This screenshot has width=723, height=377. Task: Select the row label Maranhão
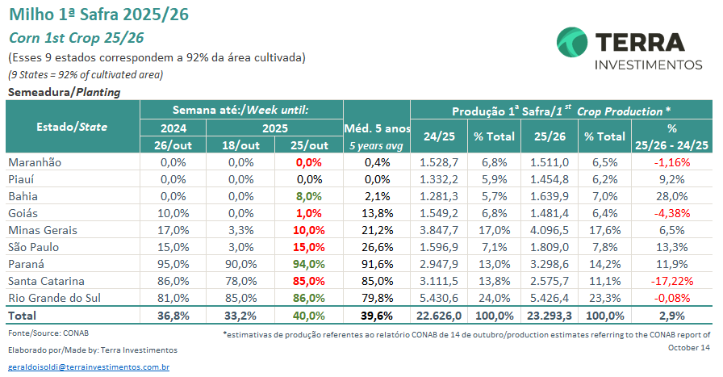(x=36, y=162)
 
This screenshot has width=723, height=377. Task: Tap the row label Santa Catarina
(x=47, y=281)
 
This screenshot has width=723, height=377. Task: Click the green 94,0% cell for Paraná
(x=309, y=264)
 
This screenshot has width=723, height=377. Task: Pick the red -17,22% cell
(x=671, y=281)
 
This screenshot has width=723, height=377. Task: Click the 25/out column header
(x=308, y=145)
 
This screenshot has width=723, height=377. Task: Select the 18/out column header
(x=240, y=145)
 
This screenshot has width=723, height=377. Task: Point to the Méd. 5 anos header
(x=377, y=128)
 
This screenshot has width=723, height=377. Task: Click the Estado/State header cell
(x=72, y=127)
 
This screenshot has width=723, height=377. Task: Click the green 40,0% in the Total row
(x=309, y=316)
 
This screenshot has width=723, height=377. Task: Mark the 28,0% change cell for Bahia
(x=671, y=196)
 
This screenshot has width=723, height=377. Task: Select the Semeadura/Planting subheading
(x=64, y=92)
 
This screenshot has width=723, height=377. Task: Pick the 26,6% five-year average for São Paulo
(x=377, y=247)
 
